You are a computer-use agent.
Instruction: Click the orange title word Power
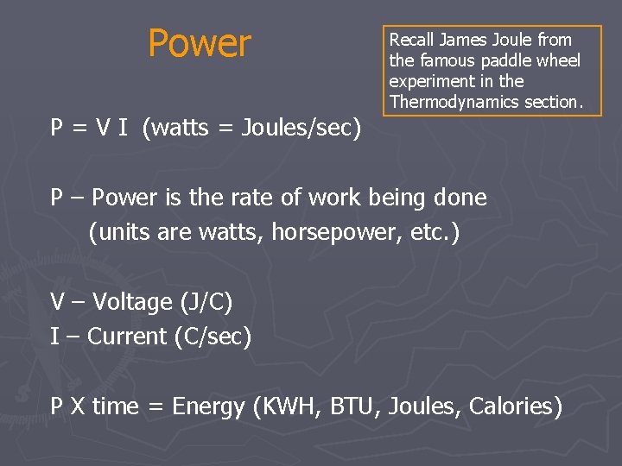click(x=200, y=43)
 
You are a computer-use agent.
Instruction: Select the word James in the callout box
click(x=464, y=40)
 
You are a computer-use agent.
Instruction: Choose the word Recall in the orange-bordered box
click(x=411, y=40)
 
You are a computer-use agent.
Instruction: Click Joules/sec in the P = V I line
click(x=298, y=129)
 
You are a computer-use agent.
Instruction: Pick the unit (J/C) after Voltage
click(x=206, y=302)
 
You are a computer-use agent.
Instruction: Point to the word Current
click(x=128, y=337)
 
